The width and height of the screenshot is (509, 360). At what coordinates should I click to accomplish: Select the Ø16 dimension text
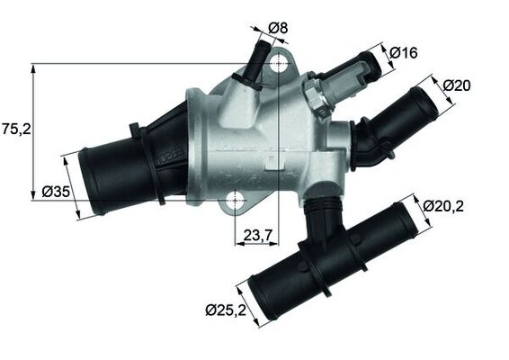[x=404, y=53]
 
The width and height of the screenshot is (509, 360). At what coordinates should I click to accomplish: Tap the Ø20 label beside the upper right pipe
[x=458, y=85]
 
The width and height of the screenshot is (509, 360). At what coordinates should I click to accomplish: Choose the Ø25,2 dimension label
[x=226, y=310]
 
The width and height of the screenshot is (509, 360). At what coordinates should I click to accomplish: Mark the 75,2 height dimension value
[x=16, y=130]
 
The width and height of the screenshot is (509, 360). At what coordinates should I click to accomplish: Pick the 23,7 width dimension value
[x=258, y=236]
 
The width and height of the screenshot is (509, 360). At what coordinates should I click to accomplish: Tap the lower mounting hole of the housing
[x=235, y=199]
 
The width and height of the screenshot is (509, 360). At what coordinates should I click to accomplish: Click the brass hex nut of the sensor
[x=315, y=92]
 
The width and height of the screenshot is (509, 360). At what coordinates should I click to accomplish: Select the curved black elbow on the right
[x=367, y=144]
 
